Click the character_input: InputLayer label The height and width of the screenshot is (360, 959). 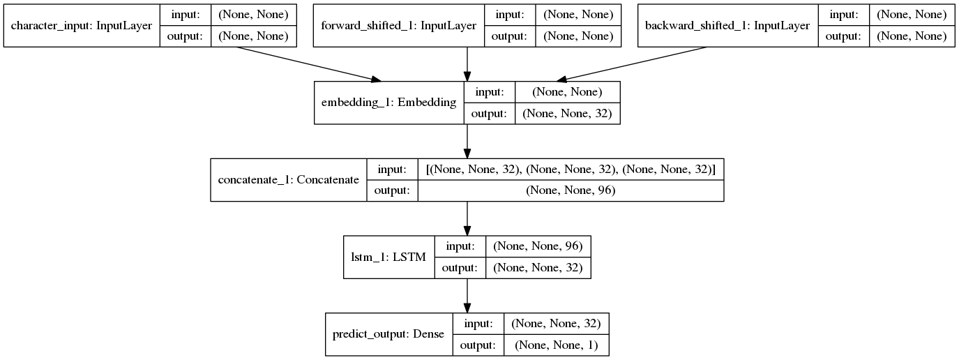(82, 26)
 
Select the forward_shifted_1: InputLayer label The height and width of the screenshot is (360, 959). (398, 26)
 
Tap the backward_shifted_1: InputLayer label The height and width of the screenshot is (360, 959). (727, 26)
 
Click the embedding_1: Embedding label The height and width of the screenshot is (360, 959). (388, 103)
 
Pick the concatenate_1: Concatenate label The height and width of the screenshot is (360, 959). (288, 180)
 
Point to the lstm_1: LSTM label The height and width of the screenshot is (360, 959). (389, 257)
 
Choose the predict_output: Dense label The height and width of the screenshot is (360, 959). (388, 333)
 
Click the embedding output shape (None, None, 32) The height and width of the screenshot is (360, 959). (566, 114)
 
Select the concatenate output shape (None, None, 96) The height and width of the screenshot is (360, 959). (571, 190)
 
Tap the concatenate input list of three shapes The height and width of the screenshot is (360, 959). (571, 169)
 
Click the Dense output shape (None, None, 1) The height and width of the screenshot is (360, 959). (556, 345)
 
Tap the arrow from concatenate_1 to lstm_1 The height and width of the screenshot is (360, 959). (467, 218)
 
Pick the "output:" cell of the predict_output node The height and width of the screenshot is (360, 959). (478, 345)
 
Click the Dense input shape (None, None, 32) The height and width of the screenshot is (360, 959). (556, 323)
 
